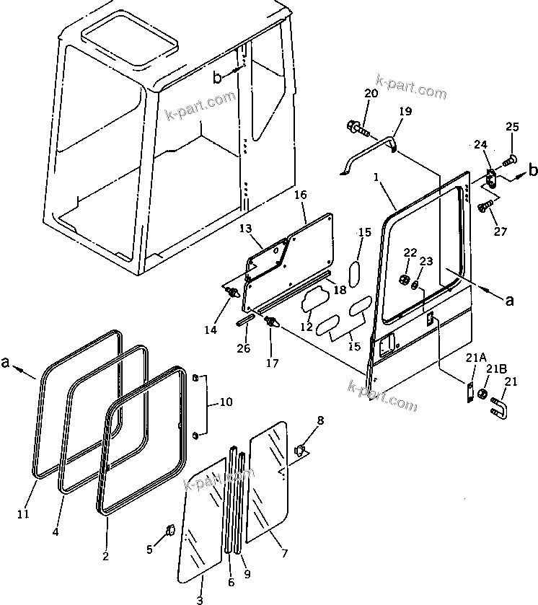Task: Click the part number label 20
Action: (371, 94)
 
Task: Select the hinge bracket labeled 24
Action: (491, 179)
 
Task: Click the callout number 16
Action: (300, 195)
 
